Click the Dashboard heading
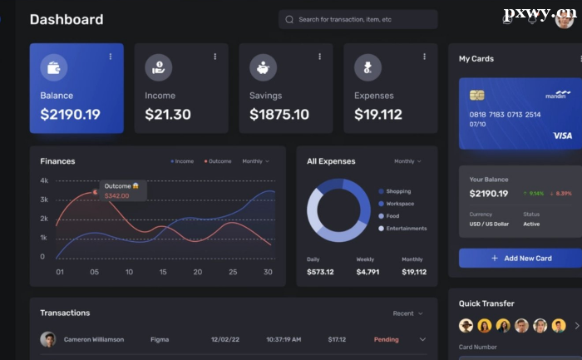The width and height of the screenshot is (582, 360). tap(67, 19)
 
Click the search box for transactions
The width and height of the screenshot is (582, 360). tap(358, 19)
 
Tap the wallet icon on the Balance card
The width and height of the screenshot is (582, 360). tap(54, 67)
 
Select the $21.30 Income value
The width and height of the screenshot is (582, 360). tap(168, 115)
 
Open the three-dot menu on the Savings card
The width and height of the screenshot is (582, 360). tap(319, 57)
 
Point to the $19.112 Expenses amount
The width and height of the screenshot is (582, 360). tap(378, 115)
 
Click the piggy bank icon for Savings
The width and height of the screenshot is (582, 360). tap(264, 67)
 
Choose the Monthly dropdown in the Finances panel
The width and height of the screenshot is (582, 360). tap(254, 161)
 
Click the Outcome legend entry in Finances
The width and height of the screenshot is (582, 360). tap(218, 161)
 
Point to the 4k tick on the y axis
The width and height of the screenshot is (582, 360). tap(44, 180)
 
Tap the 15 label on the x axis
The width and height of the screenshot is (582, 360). tap(163, 272)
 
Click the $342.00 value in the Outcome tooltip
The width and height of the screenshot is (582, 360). tap(117, 195)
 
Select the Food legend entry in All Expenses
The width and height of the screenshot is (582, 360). tap(392, 216)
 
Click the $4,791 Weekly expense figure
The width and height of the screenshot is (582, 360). tap(367, 272)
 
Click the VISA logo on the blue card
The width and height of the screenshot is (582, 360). tap(563, 136)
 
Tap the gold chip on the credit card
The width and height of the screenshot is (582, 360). tap(477, 96)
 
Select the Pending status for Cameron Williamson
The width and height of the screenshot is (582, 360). tap(387, 339)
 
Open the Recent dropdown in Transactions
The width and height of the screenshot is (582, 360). tap(407, 313)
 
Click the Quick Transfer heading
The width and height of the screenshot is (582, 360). tap(486, 303)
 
